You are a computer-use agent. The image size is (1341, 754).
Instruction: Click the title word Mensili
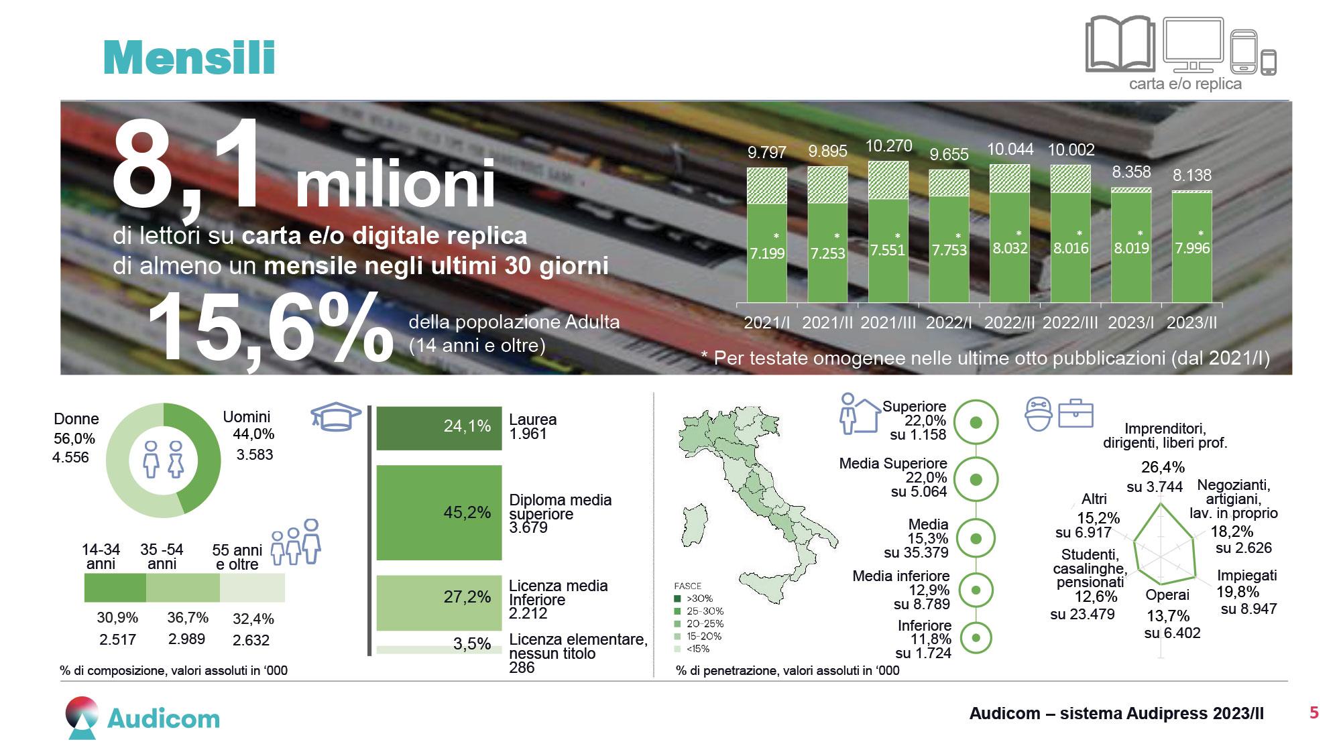(x=189, y=57)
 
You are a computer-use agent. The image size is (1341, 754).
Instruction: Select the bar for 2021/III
(x=888, y=232)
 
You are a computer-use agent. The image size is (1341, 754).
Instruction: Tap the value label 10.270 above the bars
(x=888, y=145)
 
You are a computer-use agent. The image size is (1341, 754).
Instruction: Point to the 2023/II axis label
(x=1191, y=322)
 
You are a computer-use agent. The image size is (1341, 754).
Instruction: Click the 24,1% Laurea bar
(x=439, y=428)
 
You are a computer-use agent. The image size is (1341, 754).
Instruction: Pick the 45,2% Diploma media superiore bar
(x=439, y=513)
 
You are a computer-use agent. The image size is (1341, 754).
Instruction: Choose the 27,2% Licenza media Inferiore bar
(x=439, y=603)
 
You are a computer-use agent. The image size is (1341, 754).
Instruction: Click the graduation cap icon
(x=336, y=416)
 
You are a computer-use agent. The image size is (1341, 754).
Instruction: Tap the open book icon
(x=1120, y=44)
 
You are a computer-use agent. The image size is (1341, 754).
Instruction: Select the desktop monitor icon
(x=1193, y=45)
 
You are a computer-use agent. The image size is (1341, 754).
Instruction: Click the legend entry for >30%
(x=693, y=599)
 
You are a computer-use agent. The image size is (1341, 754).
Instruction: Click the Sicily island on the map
(x=765, y=587)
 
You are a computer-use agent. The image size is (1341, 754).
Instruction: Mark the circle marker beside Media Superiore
(x=976, y=480)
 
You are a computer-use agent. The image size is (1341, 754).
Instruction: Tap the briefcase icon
(x=1075, y=413)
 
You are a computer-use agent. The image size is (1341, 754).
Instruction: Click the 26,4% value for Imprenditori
(x=1163, y=467)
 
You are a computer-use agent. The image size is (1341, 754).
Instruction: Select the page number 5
(x=1314, y=712)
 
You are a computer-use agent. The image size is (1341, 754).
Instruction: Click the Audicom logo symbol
(x=82, y=718)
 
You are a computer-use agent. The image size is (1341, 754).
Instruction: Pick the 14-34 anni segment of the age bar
(x=115, y=588)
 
